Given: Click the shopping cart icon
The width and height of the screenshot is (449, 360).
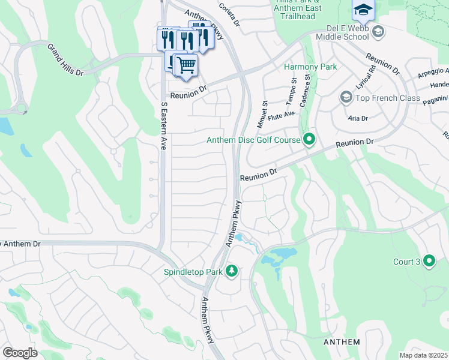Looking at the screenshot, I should [x=186, y=64].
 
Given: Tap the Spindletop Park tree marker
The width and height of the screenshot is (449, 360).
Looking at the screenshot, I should [x=232, y=272].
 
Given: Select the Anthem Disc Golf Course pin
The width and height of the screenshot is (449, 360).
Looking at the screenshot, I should [x=309, y=140].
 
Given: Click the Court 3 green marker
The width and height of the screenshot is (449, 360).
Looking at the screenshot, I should [x=429, y=261].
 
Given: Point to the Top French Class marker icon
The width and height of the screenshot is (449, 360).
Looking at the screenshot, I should [x=346, y=97].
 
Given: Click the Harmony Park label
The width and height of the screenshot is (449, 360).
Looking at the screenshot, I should [x=310, y=67].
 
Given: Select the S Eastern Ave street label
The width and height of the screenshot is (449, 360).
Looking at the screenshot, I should [x=163, y=126].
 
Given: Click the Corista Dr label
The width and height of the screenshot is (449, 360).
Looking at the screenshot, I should [x=229, y=14].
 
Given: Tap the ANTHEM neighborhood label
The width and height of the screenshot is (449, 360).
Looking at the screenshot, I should [x=342, y=342].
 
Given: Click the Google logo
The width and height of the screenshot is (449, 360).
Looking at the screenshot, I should [x=19, y=353].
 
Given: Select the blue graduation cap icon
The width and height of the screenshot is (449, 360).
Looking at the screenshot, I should [x=363, y=9].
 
